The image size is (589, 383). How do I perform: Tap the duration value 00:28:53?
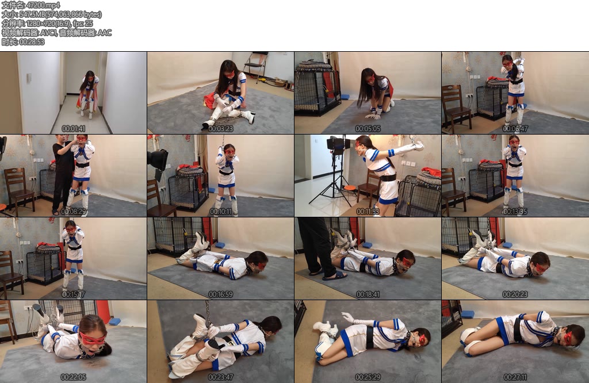click(32, 41)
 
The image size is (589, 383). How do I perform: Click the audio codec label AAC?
click(105, 33)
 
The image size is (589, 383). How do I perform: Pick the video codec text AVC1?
click(48, 33)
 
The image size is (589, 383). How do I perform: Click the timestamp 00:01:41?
click(74, 129)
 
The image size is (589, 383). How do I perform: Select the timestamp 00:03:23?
click(221, 129)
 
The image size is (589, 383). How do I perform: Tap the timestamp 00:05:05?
click(368, 129)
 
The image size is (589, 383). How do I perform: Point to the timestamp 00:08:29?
click(74, 212)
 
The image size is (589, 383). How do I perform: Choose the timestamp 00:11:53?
click(368, 212)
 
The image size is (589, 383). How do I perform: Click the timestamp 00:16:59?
click(221, 294)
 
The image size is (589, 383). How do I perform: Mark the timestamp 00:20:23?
click(515, 294)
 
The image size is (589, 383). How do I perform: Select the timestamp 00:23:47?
click(221, 377)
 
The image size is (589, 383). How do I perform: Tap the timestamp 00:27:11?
click(515, 377)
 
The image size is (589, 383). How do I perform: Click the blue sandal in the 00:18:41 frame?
click(334, 276)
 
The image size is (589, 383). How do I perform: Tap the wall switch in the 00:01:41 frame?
click(29, 78)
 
